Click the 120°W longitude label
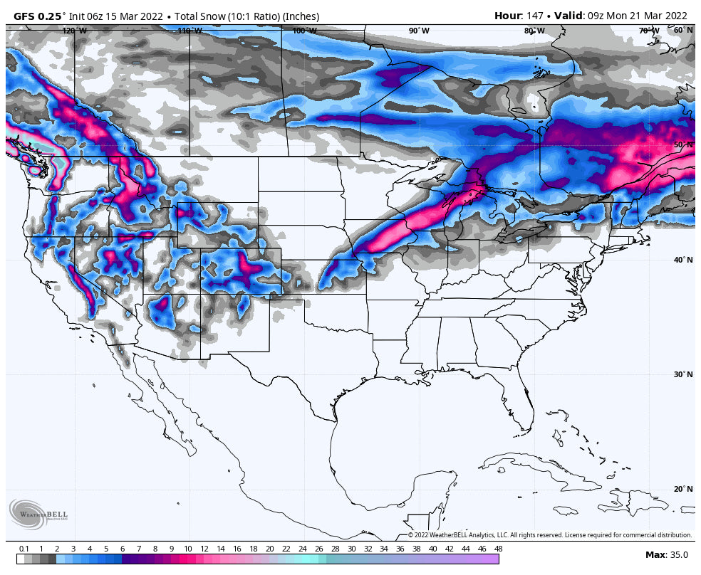(x=74, y=31)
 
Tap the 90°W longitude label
(x=419, y=31)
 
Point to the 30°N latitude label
(x=683, y=374)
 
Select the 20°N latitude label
(x=683, y=489)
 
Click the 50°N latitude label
(x=683, y=144)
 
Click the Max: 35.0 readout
(x=667, y=554)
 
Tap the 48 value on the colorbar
(x=498, y=549)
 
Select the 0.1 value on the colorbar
(x=24, y=549)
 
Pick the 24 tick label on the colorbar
(x=302, y=549)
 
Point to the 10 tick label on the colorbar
(x=187, y=549)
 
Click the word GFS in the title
(x=26, y=16)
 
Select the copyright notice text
(x=549, y=535)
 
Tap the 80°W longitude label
(x=534, y=31)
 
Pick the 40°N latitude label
(x=683, y=260)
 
